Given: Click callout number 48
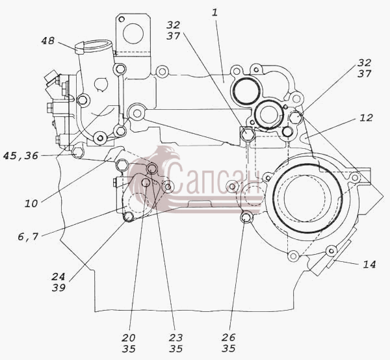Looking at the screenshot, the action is click(47, 41).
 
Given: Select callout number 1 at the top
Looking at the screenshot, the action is click(214, 12).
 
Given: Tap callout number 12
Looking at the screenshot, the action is click(366, 118).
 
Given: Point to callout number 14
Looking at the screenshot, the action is click(369, 264).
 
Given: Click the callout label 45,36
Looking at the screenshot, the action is click(21, 156).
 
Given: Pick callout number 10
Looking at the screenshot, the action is click(31, 204).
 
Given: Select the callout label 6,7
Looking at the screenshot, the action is click(28, 237).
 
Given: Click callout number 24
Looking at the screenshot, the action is click(58, 276).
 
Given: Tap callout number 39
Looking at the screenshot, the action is click(58, 288).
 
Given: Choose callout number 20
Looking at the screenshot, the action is click(129, 338).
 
